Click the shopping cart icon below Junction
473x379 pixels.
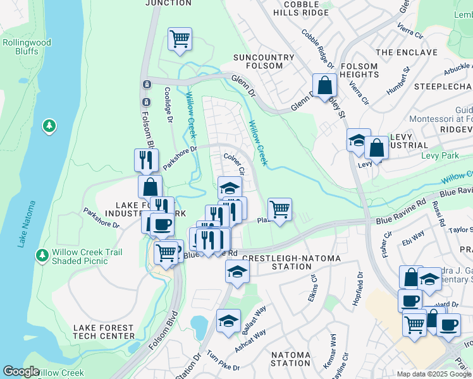(180, 39)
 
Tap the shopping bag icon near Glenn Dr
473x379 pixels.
(324, 84)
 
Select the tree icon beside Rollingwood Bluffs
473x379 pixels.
(49, 126)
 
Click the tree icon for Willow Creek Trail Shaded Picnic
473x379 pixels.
(42, 256)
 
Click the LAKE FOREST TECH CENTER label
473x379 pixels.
(104, 332)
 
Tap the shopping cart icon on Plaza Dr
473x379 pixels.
(279, 208)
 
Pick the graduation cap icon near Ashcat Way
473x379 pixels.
(228, 320)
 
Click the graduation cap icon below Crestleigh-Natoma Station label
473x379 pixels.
(237, 272)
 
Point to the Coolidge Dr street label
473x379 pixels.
(169, 104)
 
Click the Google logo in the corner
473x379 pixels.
(21, 371)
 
